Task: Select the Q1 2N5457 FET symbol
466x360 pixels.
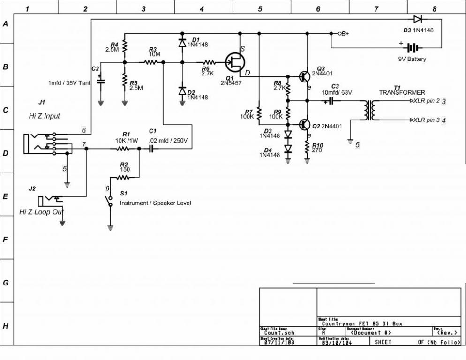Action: [x=234, y=61]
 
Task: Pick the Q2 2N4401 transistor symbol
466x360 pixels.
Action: [x=305, y=125]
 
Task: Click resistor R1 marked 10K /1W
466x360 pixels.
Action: [x=123, y=149]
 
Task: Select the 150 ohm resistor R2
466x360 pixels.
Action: [x=123, y=177]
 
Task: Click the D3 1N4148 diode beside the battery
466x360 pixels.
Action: [x=418, y=19]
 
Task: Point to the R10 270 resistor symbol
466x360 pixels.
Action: [x=307, y=147]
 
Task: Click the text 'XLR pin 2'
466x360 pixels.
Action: [x=426, y=101]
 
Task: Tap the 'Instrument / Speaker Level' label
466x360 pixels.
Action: [x=155, y=203]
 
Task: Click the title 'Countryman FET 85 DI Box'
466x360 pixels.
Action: [x=362, y=323]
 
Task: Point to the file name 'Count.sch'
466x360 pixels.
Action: [x=279, y=333]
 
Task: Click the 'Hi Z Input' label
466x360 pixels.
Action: [x=44, y=116]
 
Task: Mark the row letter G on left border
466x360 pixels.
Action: [x=6, y=283]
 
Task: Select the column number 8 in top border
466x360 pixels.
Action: [x=434, y=8]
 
